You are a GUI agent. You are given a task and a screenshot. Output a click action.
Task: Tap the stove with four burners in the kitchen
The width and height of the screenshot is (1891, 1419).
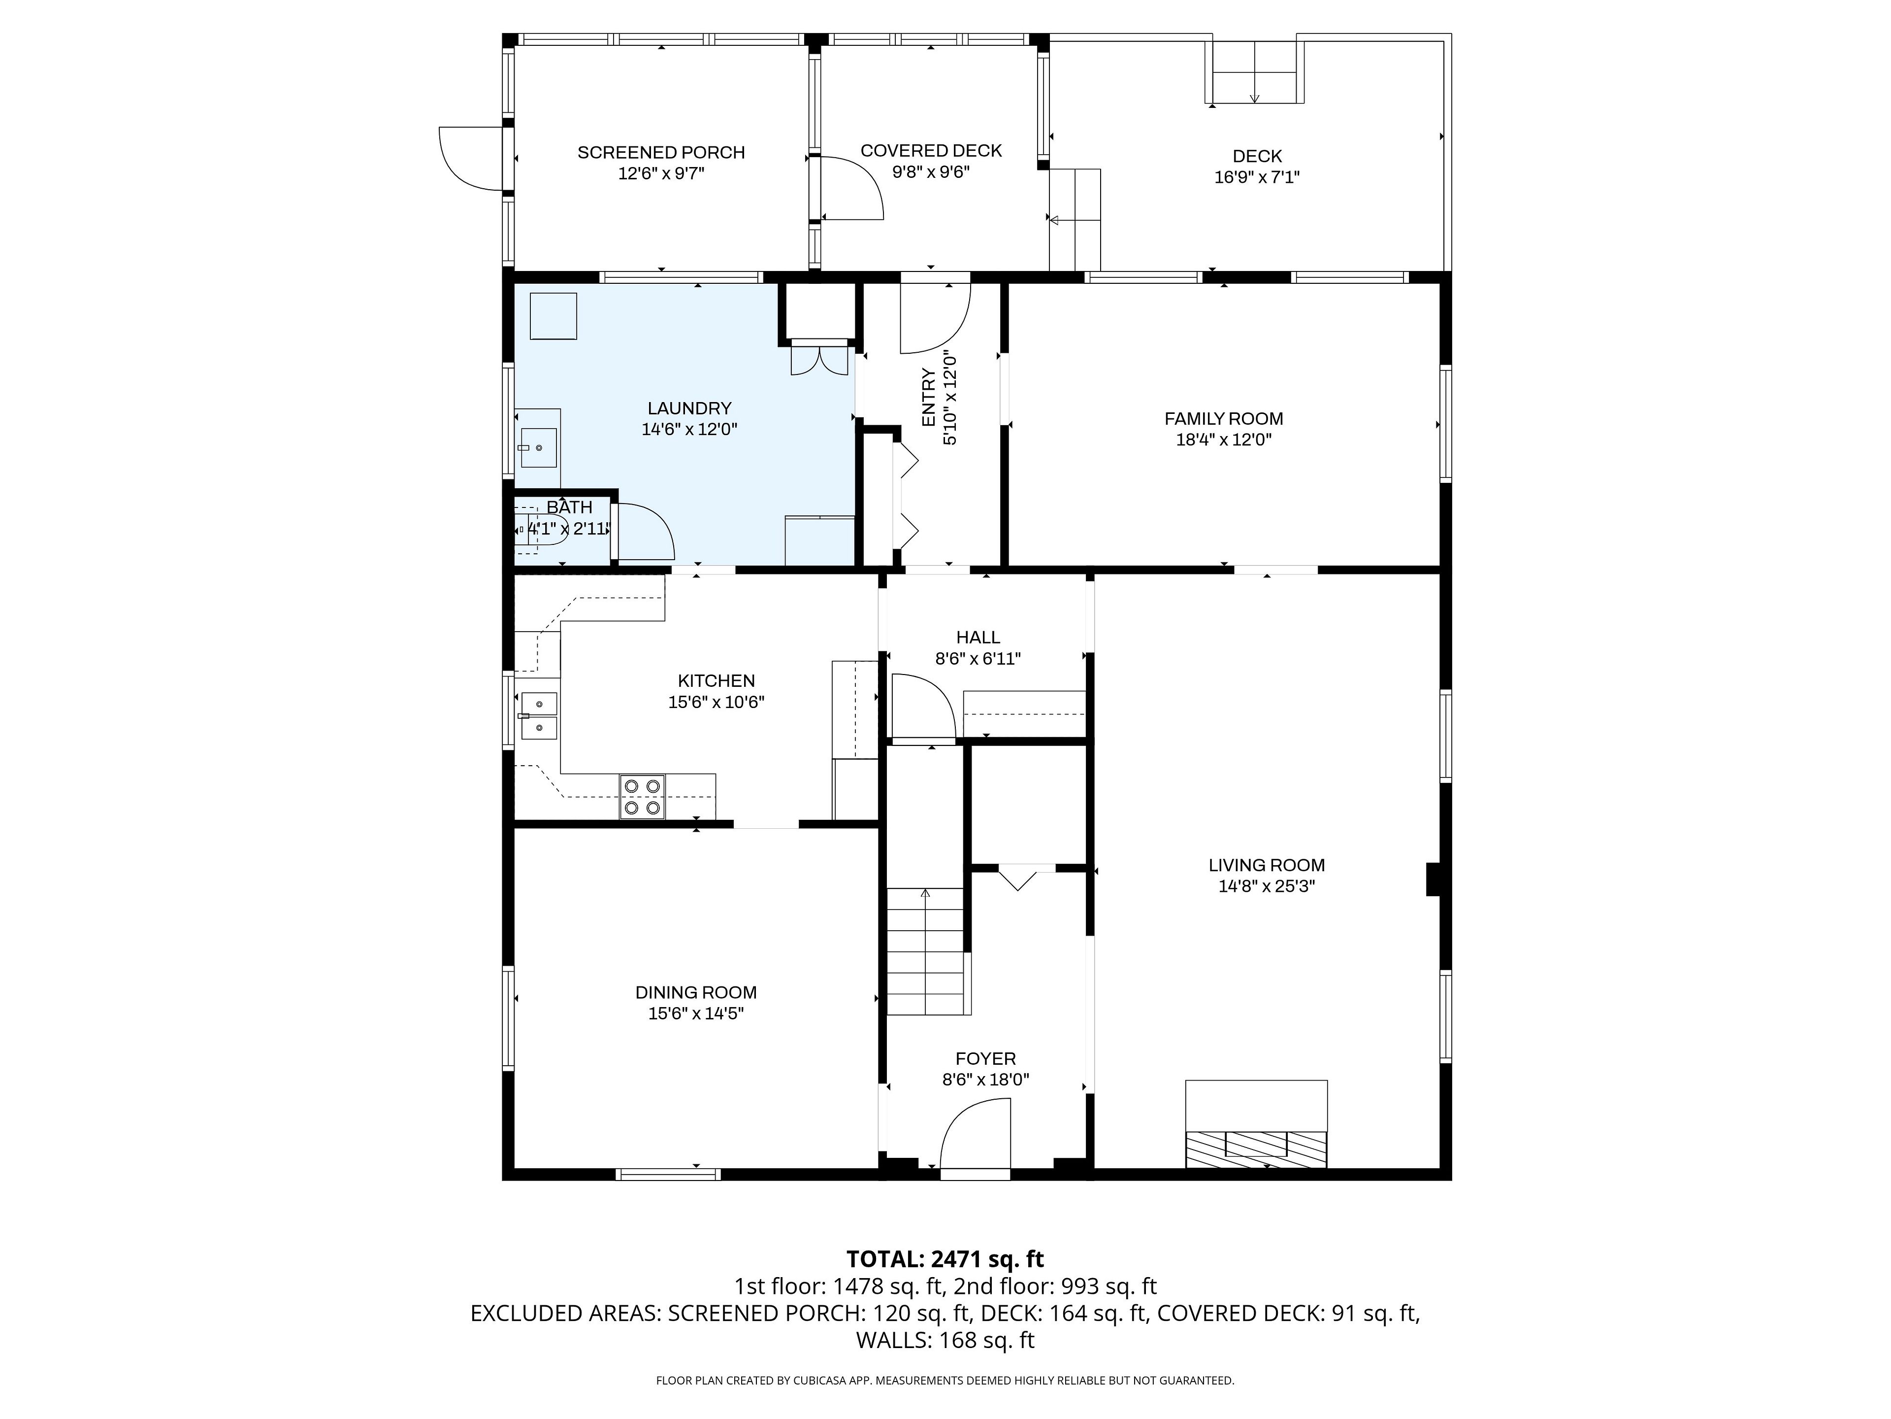[642, 797]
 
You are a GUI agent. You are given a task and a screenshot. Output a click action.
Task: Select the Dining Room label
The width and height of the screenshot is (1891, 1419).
[696, 993]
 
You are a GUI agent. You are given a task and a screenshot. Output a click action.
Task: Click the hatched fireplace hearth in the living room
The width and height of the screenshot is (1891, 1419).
[1256, 1149]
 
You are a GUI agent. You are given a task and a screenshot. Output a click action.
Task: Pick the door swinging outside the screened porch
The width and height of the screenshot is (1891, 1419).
[470, 158]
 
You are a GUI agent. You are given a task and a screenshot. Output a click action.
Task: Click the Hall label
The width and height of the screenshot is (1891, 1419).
[978, 637]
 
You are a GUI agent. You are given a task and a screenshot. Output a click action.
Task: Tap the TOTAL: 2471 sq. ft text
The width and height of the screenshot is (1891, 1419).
[945, 1259]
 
